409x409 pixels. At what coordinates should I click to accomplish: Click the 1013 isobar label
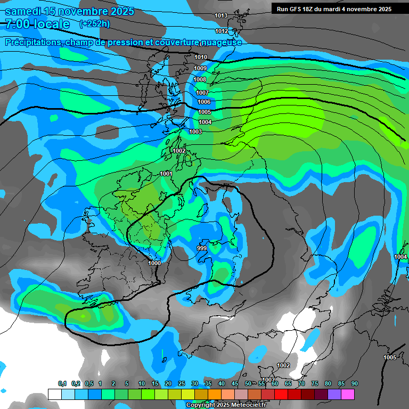[x=221, y=16]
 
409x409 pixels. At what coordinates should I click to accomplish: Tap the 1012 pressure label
[x=221, y=31]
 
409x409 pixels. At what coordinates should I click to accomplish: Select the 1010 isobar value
[x=201, y=58]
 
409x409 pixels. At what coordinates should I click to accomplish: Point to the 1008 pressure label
[x=200, y=80]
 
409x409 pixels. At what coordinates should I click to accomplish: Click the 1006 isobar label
[x=204, y=102]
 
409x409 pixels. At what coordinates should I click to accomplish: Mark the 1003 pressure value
[x=195, y=132]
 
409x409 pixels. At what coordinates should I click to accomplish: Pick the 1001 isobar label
[x=166, y=174]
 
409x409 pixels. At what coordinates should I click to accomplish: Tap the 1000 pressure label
[x=154, y=263]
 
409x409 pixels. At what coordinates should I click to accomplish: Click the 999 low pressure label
[x=202, y=249]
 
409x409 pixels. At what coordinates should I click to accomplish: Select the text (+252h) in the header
[x=94, y=23]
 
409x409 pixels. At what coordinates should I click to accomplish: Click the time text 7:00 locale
[x=37, y=24]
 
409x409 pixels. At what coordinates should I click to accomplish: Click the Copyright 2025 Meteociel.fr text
[x=225, y=405]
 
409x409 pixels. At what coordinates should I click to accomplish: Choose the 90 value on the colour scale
[x=354, y=384]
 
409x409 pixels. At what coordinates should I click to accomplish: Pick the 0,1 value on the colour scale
[x=62, y=384]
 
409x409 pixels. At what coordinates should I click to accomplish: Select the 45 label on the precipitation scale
[x=235, y=384]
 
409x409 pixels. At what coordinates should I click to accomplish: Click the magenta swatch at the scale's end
[x=348, y=394]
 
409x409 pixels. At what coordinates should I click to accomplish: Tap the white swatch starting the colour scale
[x=54, y=394]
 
